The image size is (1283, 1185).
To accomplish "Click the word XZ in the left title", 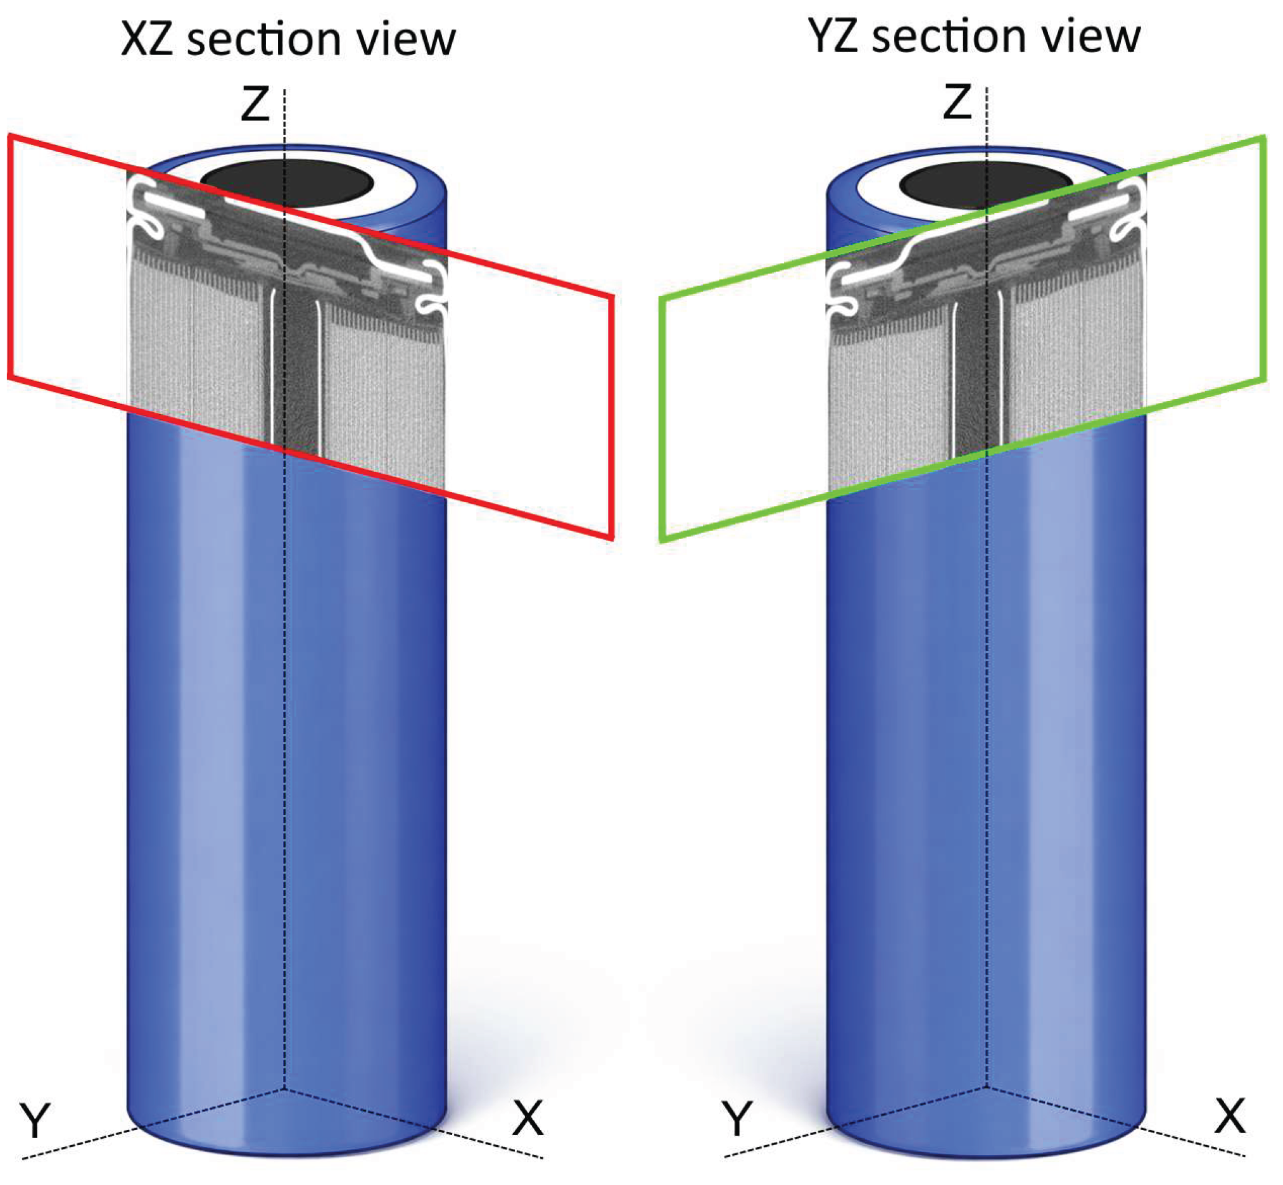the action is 147,40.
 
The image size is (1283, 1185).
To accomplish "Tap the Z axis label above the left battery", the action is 255,105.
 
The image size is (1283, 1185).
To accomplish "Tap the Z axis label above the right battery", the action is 957,103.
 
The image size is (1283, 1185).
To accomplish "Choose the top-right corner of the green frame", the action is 1263,137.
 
